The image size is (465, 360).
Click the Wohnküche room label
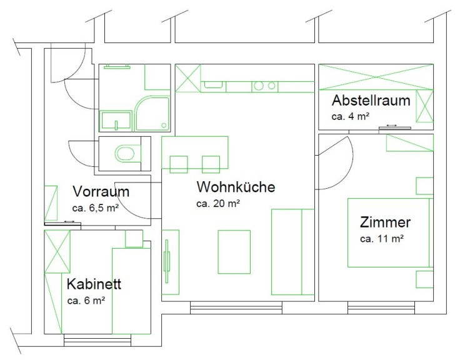[236, 187]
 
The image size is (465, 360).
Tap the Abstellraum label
[371, 101]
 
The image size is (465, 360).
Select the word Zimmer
[385, 222]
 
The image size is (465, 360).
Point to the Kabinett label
[94, 284]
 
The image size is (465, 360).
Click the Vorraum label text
[101, 191]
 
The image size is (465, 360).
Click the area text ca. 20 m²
[218, 203]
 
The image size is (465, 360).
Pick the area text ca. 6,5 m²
[96, 207]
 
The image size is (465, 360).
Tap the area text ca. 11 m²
[382, 238]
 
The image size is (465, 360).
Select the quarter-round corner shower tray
[152, 113]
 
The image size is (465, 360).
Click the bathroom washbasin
[116, 121]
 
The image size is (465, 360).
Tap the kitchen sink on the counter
[213, 85]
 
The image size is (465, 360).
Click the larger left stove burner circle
[259, 86]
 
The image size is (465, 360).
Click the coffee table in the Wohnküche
[234, 252]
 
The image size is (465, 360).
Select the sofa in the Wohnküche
[292, 252]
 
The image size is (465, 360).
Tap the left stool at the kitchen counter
[179, 164]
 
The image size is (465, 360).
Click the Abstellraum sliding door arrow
[391, 126]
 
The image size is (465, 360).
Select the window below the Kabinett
[97, 340]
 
